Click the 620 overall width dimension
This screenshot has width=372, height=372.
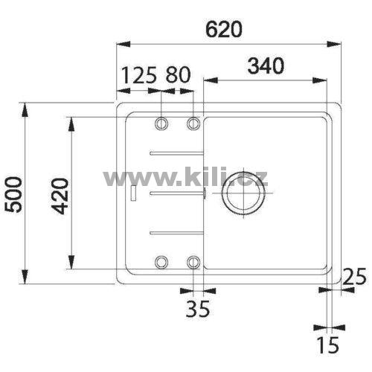[223, 29]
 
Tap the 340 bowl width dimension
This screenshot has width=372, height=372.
[266, 65]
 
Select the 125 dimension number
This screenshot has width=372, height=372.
[139, 75]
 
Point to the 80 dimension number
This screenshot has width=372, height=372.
[178, 75]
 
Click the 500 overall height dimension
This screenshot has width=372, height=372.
[14, 195]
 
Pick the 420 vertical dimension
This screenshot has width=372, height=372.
[61, 196]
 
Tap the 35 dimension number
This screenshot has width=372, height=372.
[198, 309]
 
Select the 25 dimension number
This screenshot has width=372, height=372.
[354, 277]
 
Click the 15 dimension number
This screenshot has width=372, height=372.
[329, 345]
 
